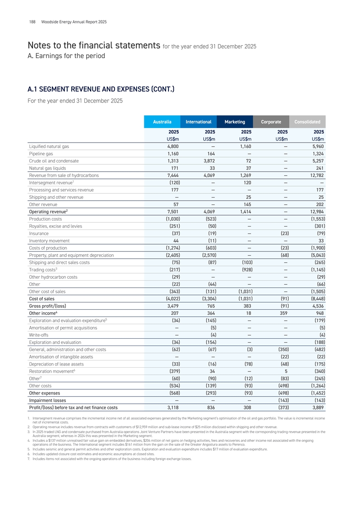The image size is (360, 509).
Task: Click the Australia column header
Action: (162, 122)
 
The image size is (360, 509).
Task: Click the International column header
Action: (198, 122)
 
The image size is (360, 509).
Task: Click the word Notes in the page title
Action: (42, 45)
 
